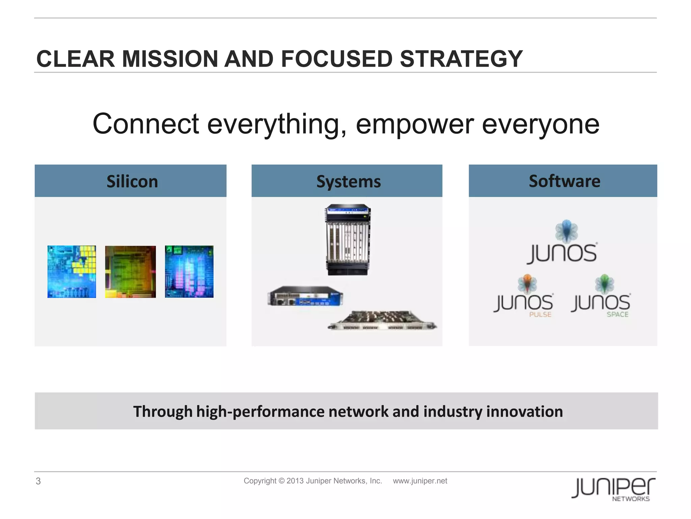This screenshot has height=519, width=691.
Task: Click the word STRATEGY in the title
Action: coord(461,59)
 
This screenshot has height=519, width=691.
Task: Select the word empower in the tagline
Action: coord(415,124)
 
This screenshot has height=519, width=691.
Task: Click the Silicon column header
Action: coord(132,181)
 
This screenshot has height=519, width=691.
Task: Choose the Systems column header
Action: coord(348,181)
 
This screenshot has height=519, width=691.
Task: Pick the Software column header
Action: coord(564,181)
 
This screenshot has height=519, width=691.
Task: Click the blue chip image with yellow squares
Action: coord(72,272)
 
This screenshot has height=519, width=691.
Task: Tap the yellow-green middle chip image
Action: coord(130,272)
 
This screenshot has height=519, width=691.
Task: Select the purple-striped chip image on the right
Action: coord(189,272)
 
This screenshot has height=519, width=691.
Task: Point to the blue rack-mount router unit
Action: coord(305,296)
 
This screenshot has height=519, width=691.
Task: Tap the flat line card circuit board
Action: coord(383,321)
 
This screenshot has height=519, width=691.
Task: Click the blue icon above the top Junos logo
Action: coord(566,231)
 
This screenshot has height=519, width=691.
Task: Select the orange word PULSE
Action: coord(540,315)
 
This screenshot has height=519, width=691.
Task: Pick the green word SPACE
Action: coord(617,315)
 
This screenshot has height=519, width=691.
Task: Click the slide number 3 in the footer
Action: coord(38,481)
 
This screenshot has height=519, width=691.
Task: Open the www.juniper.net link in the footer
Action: coord(420,481)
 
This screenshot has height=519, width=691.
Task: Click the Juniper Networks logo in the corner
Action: coord(613,489)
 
